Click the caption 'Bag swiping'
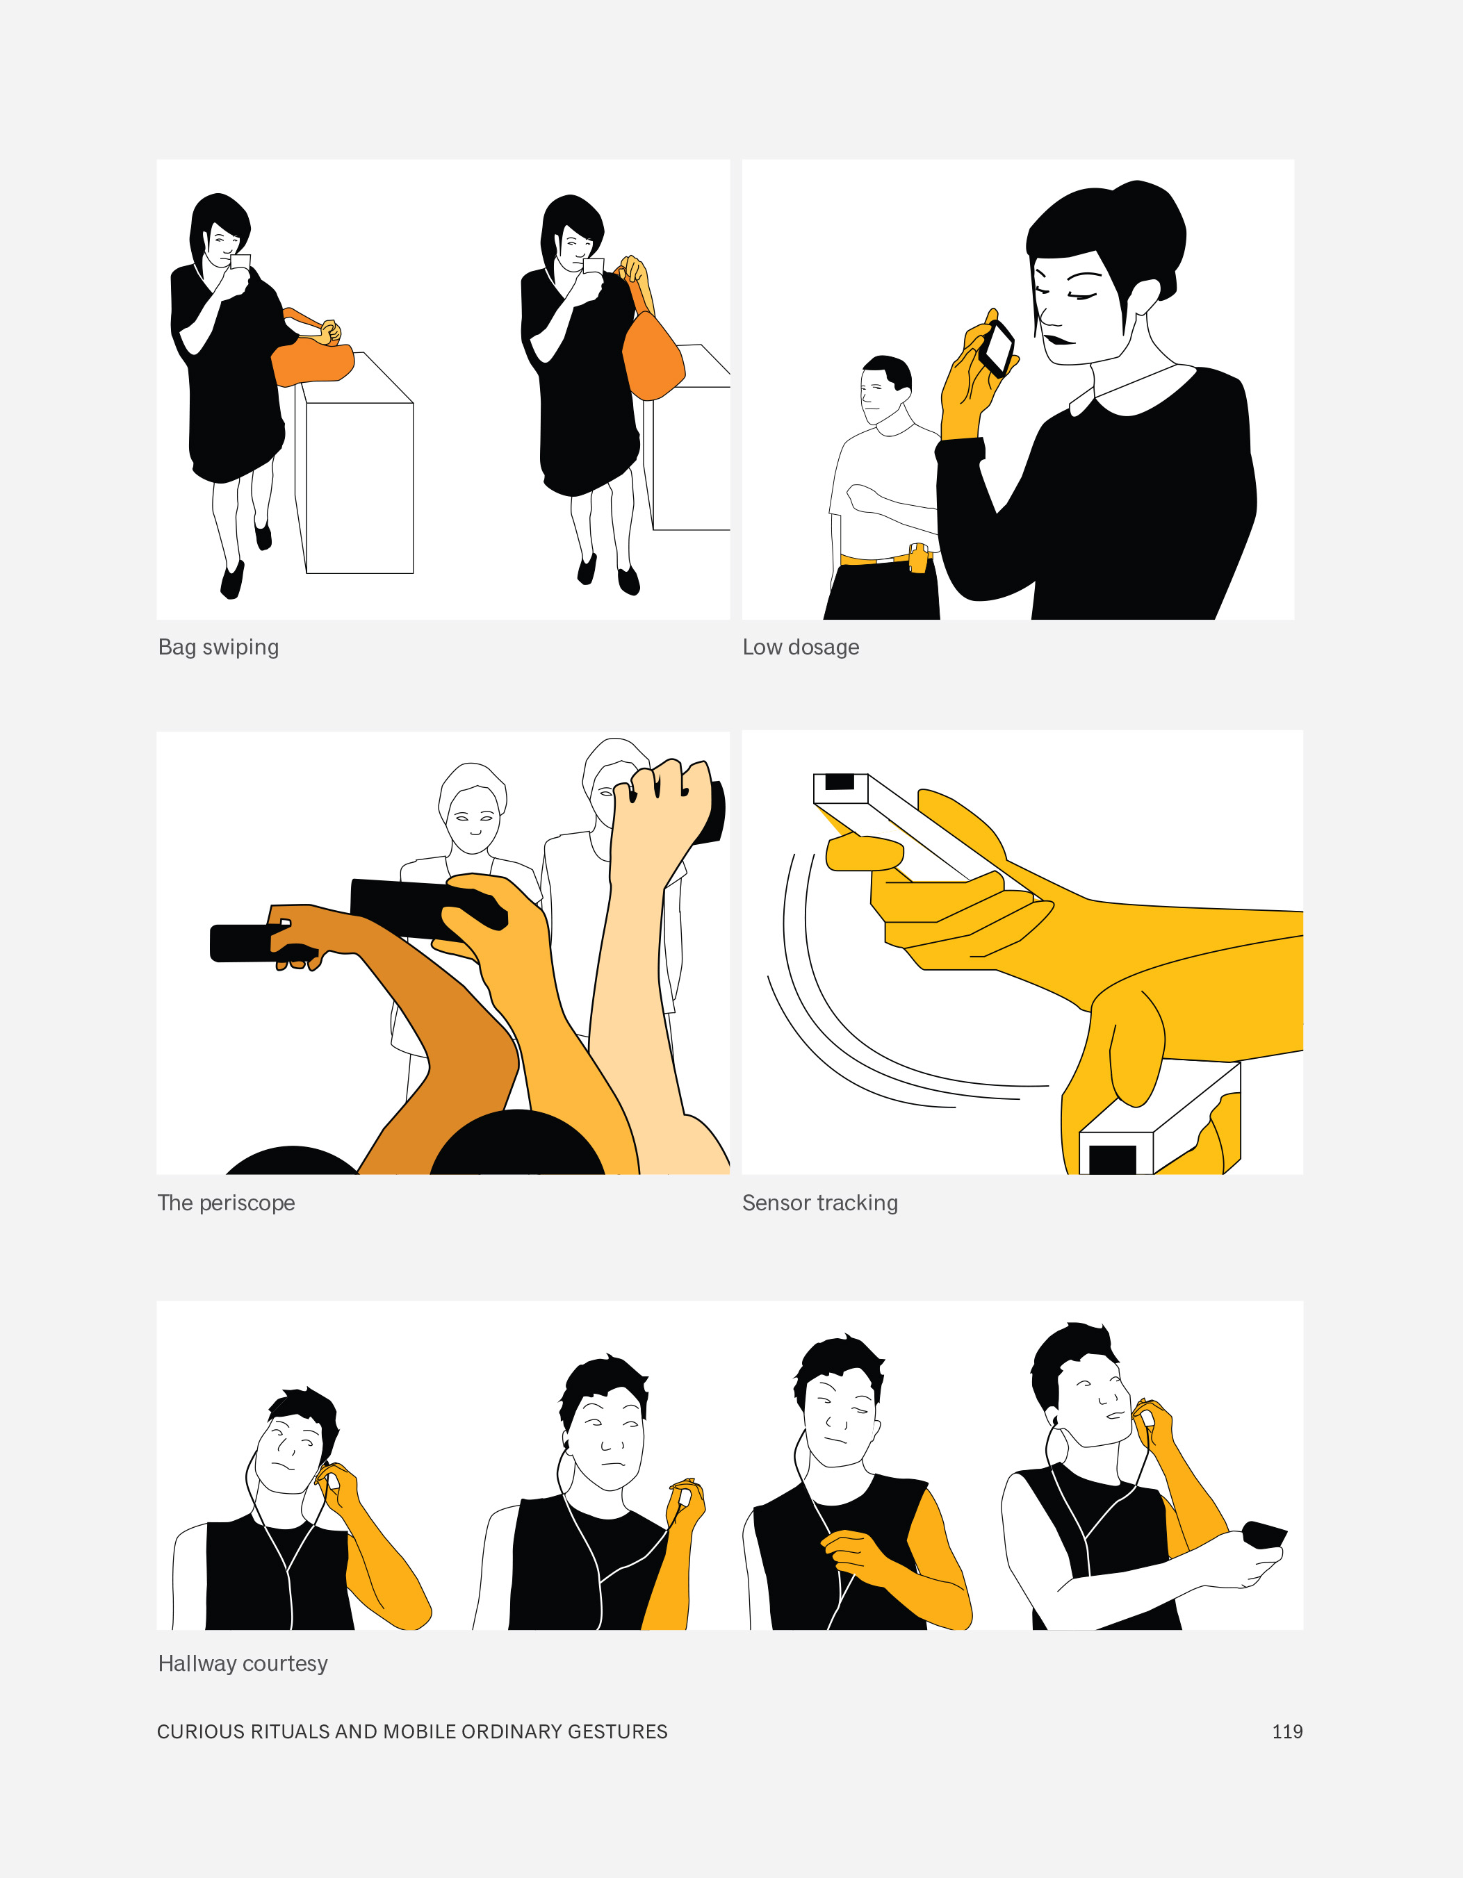click(218, 647)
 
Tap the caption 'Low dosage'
click(801, 647)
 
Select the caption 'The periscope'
click(226, 1202)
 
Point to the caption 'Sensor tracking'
click(819, 1202)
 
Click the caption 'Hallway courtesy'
click(243, 1663)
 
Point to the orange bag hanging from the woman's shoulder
click(652, 355)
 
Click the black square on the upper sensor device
click(840, 782)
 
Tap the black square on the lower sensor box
click(1113, 1159)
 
